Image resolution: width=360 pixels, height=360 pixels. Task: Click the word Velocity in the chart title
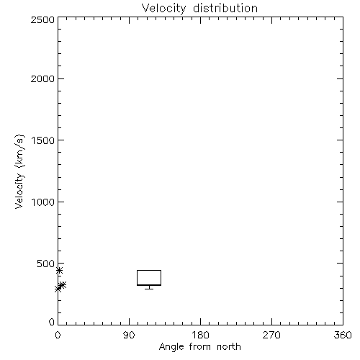pyautogui.click(x=163, y=9)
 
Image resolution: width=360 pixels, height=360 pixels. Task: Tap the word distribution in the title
pyautogui.click(x=225, y=8)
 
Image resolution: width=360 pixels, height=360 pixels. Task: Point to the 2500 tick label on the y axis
pyautogui.click(x=42, y=19)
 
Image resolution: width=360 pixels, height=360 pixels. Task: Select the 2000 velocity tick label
pyautogui.click(x=42, y=78)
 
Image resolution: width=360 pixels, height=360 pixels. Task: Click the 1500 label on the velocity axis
pyautogui.click(x=43, y=140)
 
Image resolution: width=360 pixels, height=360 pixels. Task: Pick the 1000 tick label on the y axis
pyautogui.click(x=43, y=202)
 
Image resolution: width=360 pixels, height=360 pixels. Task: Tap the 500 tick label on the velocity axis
pyautogui.click(x=46, y=264)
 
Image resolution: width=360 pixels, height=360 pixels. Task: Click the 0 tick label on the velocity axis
pyautogui.click(x=52, y=322)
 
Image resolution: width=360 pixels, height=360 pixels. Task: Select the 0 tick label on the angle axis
pyautogui.click(x=58, y=335)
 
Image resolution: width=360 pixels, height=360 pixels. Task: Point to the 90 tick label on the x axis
pyautogui.click(x=129, y=335)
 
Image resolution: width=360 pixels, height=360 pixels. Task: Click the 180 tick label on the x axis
pyautogui.click(x=200, y=335)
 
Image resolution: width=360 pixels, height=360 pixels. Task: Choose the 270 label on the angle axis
pyautogui.click(x=271, y=335)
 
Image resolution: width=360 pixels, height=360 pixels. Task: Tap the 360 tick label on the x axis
pyautogui.click(x=343, y=335)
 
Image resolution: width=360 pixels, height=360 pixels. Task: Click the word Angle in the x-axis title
pyautogui.click(x=171, y=347)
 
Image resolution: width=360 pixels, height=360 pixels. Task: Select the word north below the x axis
pyautogui.click(x=229, y=346)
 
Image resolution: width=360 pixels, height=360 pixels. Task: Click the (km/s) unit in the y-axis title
pyautogui.click(x=19, y=151)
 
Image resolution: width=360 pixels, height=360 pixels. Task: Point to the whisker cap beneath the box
pyautogui.click(x=149, y=289)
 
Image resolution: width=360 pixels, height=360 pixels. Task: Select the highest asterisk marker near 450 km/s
pyautogui.click(x=59, y=271)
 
